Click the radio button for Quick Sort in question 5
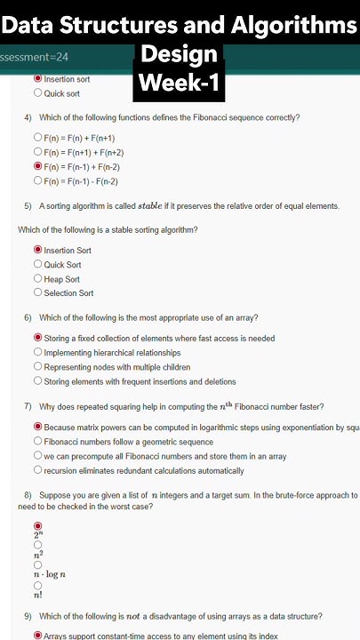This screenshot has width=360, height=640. [x=37, y=264]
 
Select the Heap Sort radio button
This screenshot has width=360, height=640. [x=37, y=278]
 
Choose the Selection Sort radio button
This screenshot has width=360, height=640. [x=37, y=292]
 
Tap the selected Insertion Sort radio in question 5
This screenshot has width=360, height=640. [x=37, y=250]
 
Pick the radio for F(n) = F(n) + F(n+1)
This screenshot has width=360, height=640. [x=37, y=138]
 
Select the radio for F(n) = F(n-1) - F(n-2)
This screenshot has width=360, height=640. [x=37, y=180]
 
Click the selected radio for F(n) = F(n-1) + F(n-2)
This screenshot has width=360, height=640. [x=37, y=166]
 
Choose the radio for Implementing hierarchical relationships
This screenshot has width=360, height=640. [x=37, y=352]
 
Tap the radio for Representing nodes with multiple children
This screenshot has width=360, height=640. [x=37, y=366]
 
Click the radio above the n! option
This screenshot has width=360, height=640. [x=37, y=586]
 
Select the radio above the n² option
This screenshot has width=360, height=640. [x=37, y=545]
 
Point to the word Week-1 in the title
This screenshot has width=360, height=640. [x=180, y=85]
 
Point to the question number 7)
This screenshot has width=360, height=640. [x=28, y=406]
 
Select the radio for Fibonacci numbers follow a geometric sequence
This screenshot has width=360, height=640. [x=37, y=441]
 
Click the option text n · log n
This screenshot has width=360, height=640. [x=50, y=574]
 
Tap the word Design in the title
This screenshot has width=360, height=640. [x=179, y=55]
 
